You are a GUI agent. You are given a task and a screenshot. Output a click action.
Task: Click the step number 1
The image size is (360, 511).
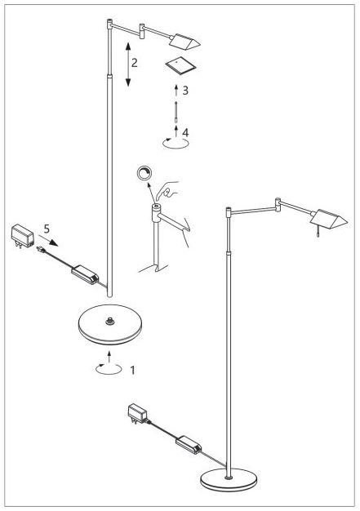tap(132, 371)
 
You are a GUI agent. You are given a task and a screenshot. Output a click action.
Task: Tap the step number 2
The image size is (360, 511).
tap(135, 62)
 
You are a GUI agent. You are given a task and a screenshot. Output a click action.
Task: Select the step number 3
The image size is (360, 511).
tap(185, 91)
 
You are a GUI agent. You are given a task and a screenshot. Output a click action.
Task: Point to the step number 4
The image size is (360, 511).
tap(185, 132)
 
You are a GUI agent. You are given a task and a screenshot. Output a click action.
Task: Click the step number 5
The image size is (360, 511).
tap(47, 229)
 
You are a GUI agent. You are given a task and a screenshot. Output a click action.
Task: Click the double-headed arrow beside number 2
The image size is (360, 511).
tap(127, 64)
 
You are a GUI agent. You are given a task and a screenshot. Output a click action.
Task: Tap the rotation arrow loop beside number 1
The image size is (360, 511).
tap(109, 369)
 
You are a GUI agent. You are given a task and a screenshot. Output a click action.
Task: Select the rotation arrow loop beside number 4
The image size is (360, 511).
tap(176, 143)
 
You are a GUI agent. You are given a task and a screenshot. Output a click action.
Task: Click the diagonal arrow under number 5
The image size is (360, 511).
tap(48, 240)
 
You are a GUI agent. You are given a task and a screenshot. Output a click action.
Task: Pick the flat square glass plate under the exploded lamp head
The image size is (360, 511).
tap(180, 65)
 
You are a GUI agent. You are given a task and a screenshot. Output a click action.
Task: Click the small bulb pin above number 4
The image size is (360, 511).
tap(176, 112)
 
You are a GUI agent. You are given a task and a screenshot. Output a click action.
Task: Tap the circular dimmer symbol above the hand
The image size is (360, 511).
tap(144, 173)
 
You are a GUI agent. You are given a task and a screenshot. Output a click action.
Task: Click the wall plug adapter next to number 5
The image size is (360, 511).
tap(23, 237)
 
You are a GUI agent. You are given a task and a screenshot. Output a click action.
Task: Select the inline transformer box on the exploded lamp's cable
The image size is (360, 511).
tap(85, 274)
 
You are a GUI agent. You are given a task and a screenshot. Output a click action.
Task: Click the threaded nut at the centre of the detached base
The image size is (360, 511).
tap(109, 321)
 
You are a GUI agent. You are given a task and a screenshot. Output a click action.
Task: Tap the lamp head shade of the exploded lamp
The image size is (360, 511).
tap(184, 42)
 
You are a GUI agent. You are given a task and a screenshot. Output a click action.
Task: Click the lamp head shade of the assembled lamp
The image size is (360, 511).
tap(329, 220)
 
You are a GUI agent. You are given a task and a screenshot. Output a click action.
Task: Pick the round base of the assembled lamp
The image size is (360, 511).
tap(229, 479)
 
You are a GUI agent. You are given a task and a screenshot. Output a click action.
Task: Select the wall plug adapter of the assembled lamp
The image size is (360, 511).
tap(137, 414)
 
